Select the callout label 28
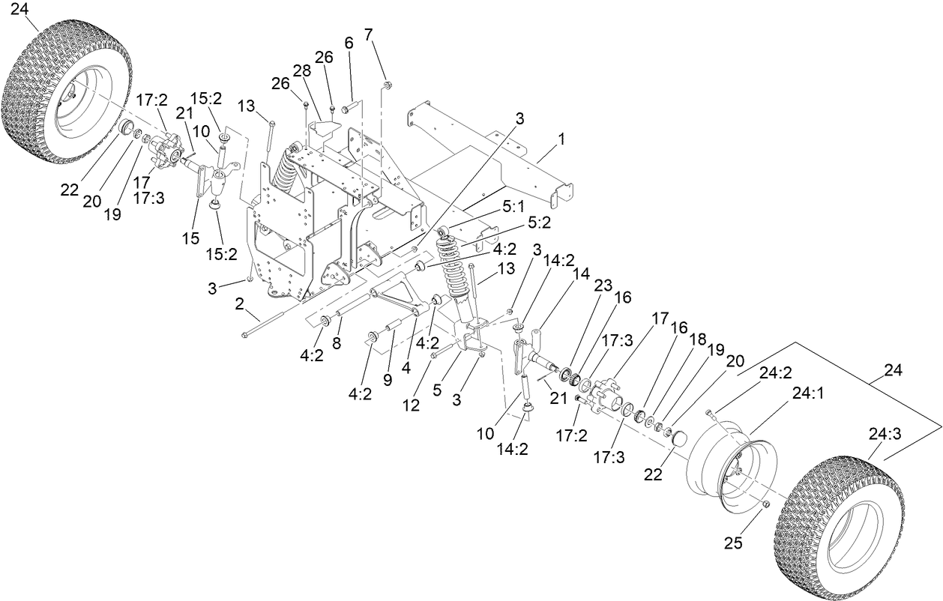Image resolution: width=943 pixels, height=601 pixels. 301,70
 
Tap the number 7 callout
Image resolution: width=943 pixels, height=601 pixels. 368,34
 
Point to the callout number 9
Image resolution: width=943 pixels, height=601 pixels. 387,379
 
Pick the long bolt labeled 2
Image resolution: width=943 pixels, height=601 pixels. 285,318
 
